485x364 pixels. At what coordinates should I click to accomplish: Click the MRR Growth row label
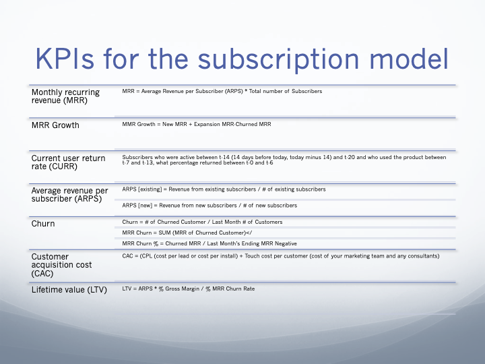(x=55, y=125)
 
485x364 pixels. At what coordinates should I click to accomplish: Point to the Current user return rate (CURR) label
(x=68, y=162)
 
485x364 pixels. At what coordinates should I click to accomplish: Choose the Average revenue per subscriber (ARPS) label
(x=69, y=195)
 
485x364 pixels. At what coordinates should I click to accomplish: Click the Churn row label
(x=43, y=223)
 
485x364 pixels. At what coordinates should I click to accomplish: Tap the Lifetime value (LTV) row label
(x=69, y=290)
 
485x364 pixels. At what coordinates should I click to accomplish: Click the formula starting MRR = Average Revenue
(x=222, y=91)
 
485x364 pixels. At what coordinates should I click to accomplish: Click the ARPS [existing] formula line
(x=224, y=189)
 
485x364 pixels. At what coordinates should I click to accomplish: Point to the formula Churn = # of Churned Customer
(x=202, y=222)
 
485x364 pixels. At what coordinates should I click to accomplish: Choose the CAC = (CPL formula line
(x=280, y=255)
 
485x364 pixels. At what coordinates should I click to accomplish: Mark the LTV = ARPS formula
(x=188, y=289)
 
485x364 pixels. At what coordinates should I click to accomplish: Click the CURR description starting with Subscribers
(x=284, y=160)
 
